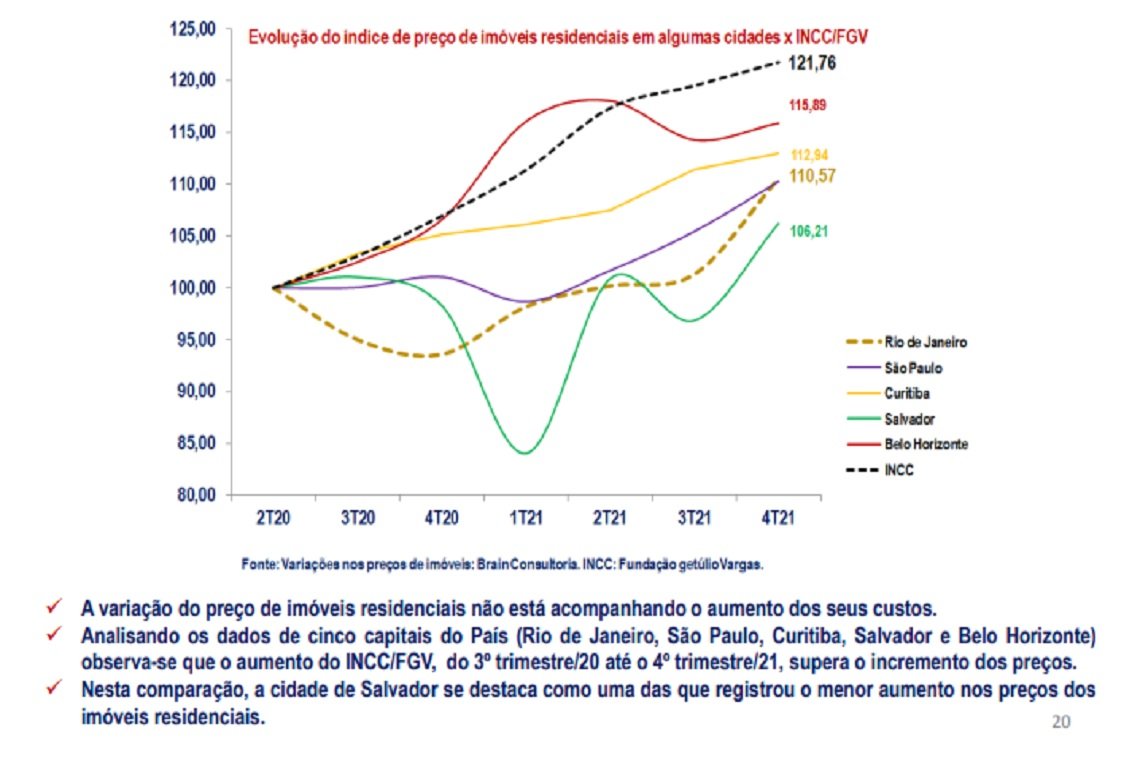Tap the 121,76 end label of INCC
click(x=812, y=63)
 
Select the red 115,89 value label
click(x=808, y=105)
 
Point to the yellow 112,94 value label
click(x=808, y=155)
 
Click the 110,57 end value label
click(x=812, y=176)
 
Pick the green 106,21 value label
click(x=808, y=231)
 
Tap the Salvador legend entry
click(x=910, y=419)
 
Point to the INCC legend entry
click(x=899, y=470)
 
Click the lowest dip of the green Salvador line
click(x=525, y=453)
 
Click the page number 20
click(x=1061, y=721)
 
